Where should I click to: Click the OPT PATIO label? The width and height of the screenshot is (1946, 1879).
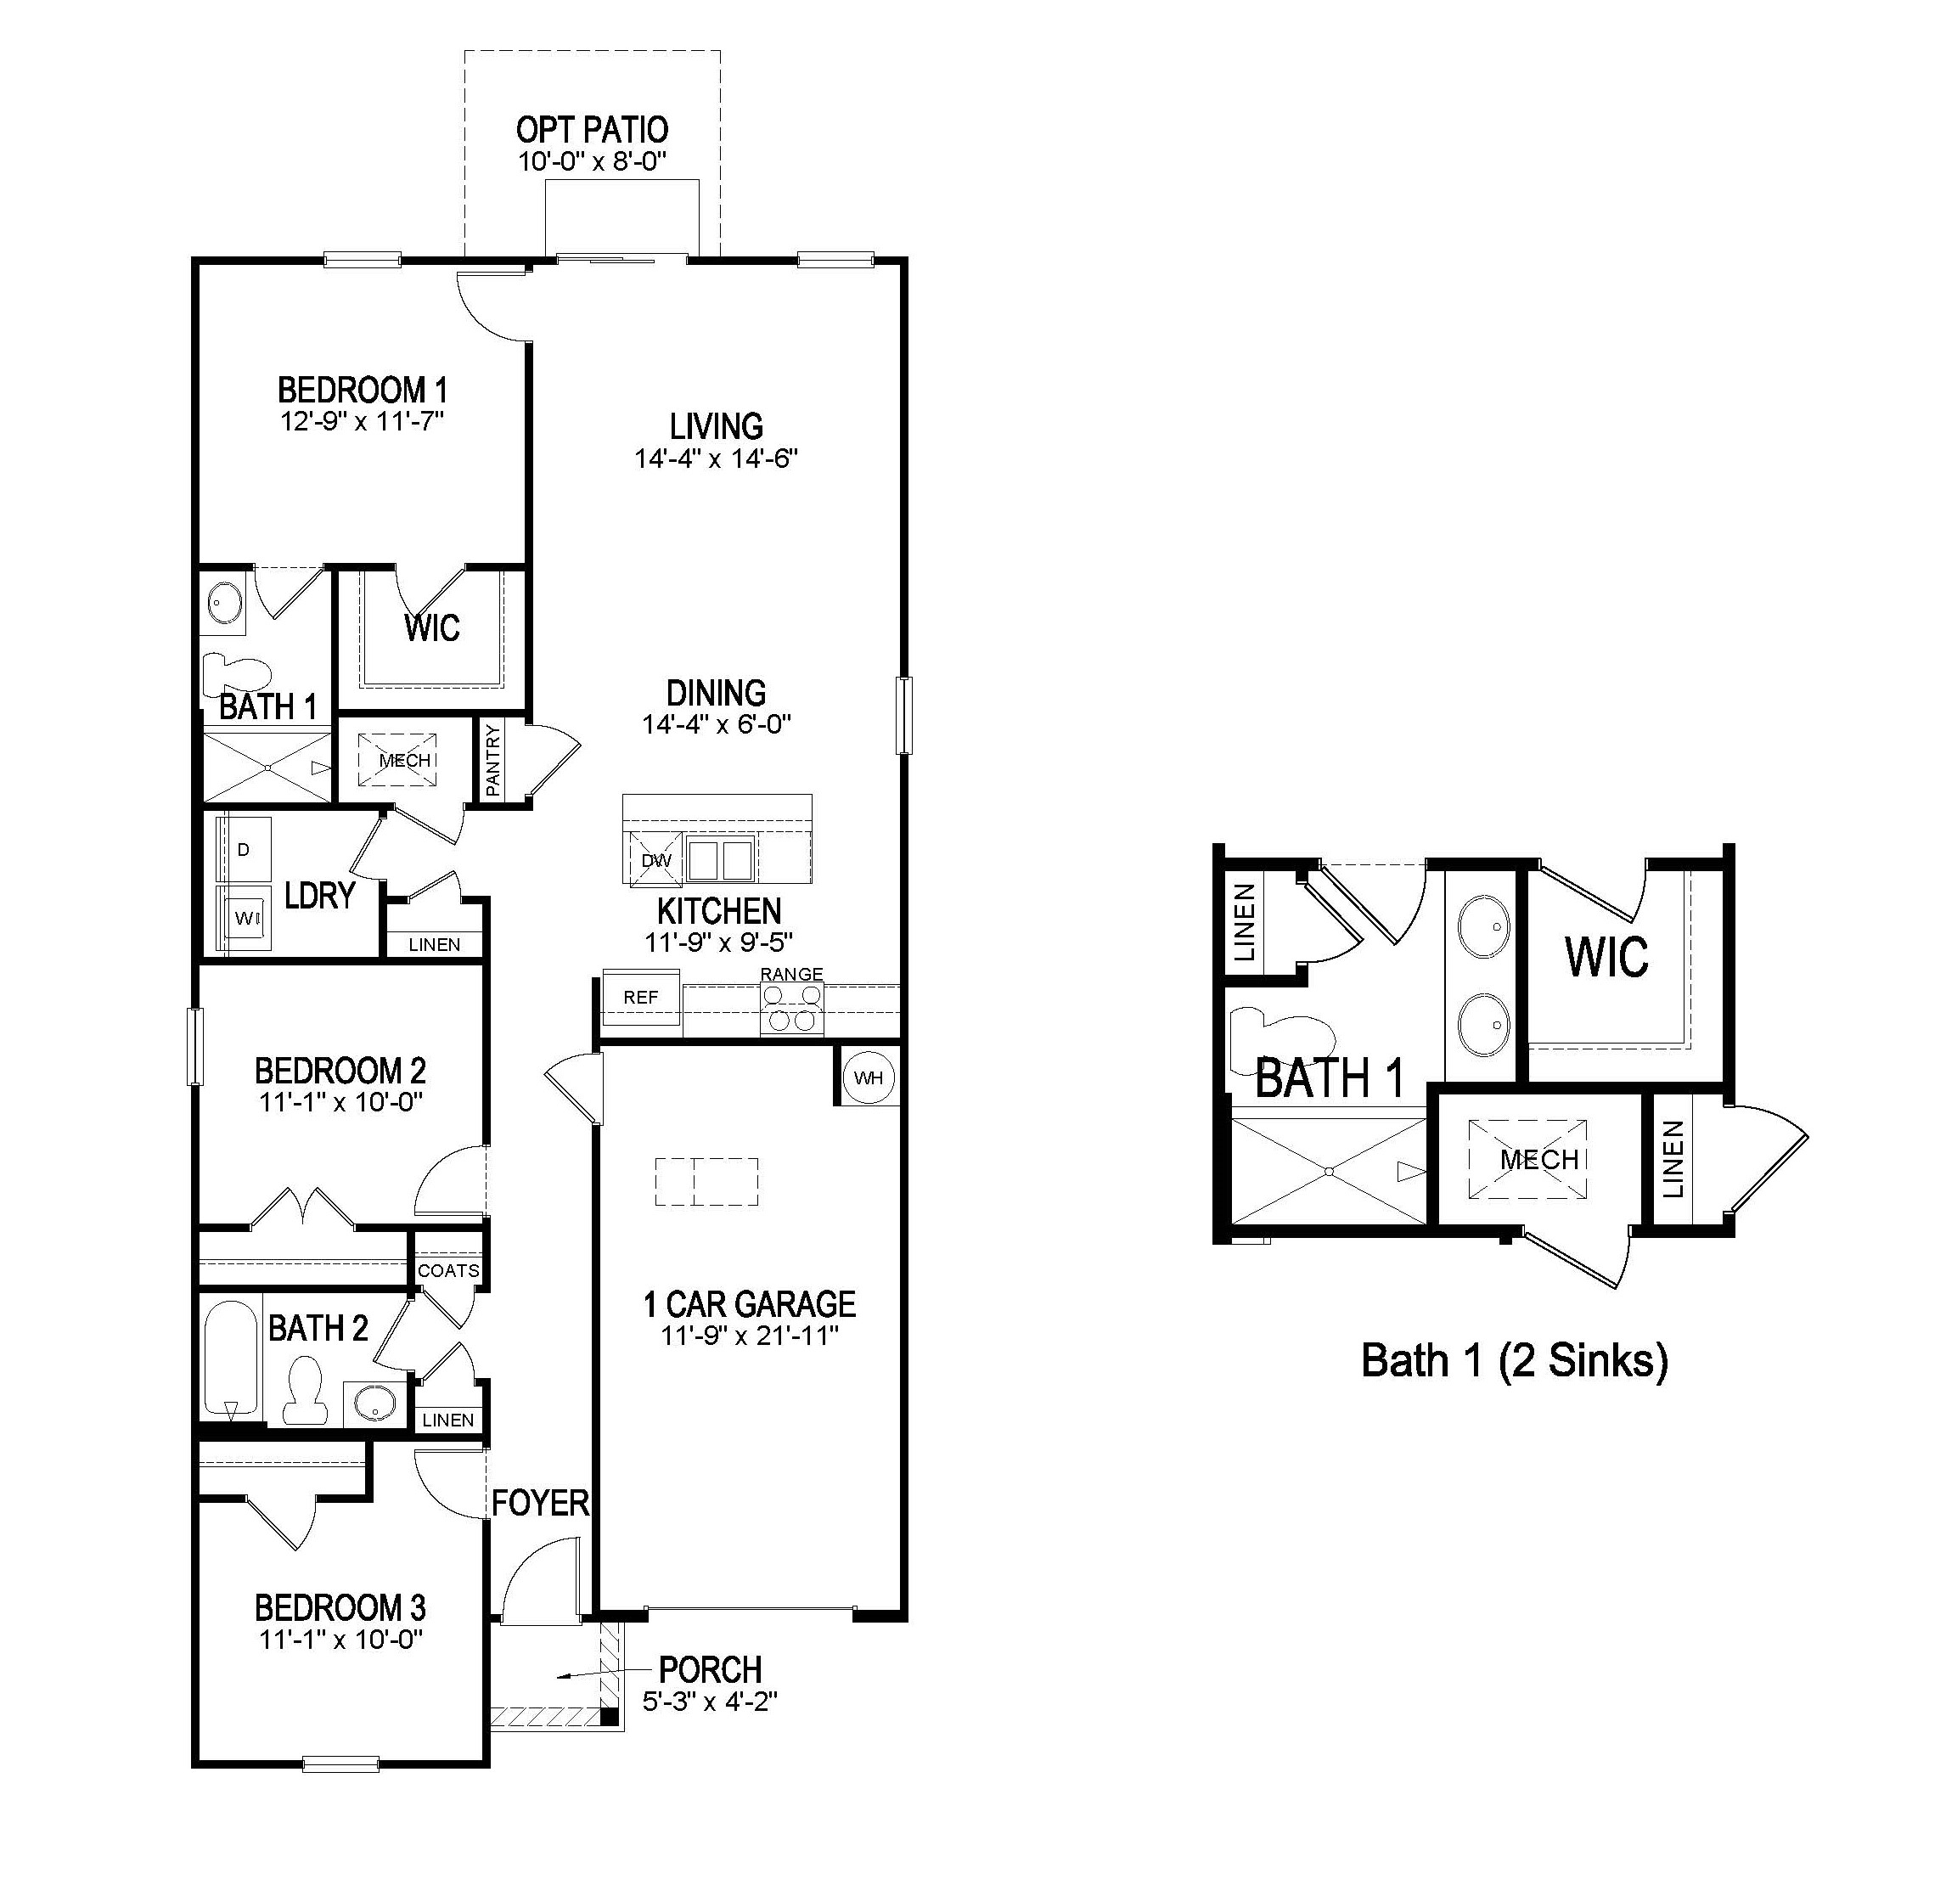[x=592, y=130]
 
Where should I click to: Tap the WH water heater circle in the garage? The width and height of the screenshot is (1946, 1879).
[x=868, y=1077]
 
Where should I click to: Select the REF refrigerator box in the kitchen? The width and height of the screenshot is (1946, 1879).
[x=640, y=997]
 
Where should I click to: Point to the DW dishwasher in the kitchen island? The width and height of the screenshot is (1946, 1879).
[x=655, y=860]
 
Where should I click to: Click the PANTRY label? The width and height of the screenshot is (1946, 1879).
[x=492, y=761]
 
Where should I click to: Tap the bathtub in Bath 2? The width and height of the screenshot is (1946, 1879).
[x=231, y=1359]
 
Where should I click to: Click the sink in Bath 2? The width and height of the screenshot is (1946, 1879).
[x=375, y=1404]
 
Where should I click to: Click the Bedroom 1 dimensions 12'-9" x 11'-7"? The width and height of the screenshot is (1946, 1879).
[x=362, y=421]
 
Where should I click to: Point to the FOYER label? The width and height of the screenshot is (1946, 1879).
[x=540, y=1503]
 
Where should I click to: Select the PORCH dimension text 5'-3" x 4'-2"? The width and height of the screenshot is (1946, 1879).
[x=709, y=1702]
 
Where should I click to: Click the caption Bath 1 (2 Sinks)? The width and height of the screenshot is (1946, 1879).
[x=1513, y=1359]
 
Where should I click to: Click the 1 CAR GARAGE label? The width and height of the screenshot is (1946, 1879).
[x=750, y=1303]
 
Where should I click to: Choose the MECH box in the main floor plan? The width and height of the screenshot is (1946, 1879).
[x=404, y=761]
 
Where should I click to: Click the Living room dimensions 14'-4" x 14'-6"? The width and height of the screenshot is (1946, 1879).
[x=716, y=458]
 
